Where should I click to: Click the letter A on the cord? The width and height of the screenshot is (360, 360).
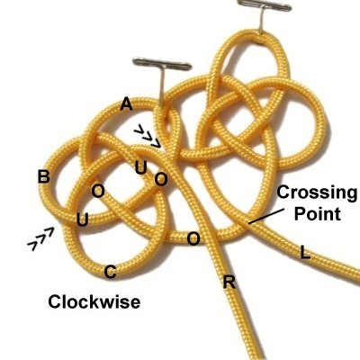pos(126,104)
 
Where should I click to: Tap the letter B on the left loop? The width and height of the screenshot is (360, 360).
pos(44,176)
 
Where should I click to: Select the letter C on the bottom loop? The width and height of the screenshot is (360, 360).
pos(110,273)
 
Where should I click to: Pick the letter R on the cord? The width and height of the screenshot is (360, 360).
pos(229,283)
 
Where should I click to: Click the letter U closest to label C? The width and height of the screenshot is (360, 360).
pos(83,220)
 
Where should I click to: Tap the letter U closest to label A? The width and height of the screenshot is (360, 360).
pos(140,167)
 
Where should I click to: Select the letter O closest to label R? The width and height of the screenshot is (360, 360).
pos(193,239)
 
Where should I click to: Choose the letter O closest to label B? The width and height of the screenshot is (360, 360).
pos(98,191)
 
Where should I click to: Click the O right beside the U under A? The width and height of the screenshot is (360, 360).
pos(161,179)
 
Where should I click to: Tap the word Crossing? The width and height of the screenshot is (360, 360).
pos(317,193)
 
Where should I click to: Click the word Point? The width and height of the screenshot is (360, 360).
pos(318,214)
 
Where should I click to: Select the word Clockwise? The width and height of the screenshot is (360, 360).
pos(94,301)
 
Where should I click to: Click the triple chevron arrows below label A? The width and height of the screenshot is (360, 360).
pos(148,137)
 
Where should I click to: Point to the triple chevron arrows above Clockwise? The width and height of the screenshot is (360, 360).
pos(41,238)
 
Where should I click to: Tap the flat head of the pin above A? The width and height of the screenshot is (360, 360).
pos(162,64)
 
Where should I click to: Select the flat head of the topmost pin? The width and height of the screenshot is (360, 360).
pos(264,5)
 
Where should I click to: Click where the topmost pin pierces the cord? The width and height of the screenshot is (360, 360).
pos(262,32)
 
